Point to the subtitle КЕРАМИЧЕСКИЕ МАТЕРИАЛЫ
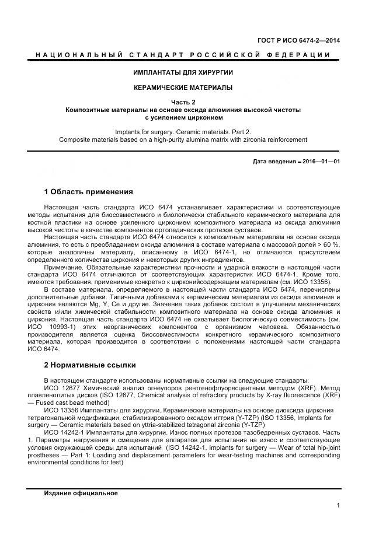point(183,88)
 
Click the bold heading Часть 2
point(183,102)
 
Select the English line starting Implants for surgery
point(183,132)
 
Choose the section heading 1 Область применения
point(89,192)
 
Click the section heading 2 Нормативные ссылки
point(90,366)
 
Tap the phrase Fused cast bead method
point(82,402)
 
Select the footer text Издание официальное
point(81,494)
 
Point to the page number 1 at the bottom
point(338,506)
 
